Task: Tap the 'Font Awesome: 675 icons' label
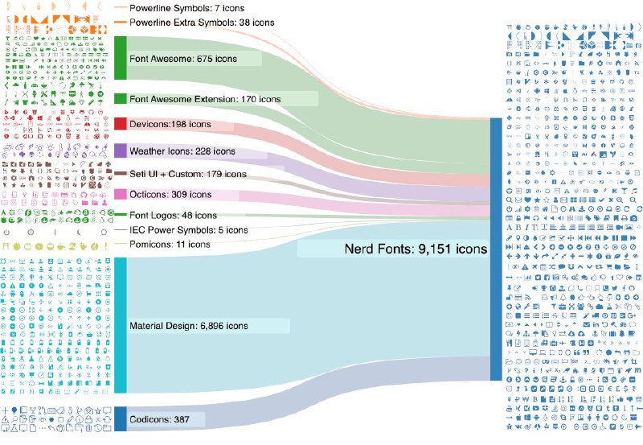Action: pos(187,59)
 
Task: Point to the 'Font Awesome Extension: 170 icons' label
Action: pos(205,98)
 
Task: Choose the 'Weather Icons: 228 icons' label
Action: pos(182,150)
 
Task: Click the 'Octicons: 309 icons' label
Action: pos(170,194)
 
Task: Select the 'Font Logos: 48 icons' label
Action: pos(173,215)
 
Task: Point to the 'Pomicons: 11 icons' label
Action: pos(170,244)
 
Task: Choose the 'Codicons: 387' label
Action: pos(158,419)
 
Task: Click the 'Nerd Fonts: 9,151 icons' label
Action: pos(416,249)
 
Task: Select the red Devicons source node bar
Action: pos(121,124)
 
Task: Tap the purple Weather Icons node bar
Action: pos(121,150)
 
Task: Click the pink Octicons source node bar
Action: pos(121,194)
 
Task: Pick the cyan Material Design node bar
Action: pos(121,325)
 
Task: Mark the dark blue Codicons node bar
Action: pos(121,418)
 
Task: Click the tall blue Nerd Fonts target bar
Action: pos(496,249)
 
